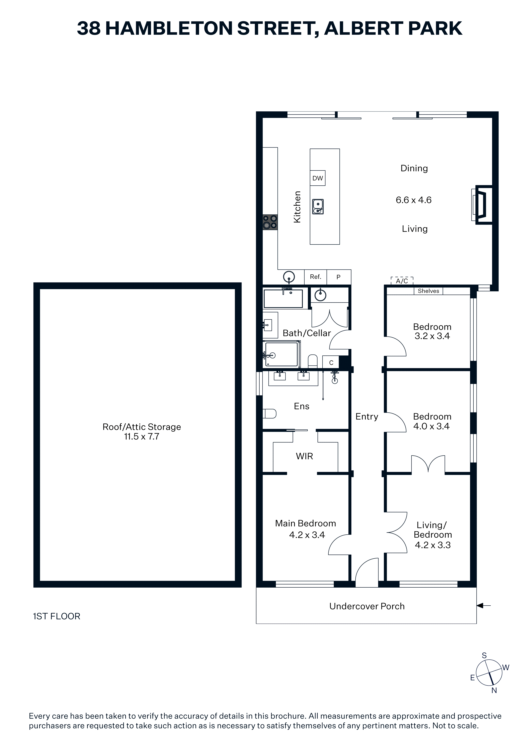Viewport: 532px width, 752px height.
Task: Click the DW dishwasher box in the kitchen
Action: [318, 178]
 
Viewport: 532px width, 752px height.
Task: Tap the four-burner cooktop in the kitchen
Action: [270, 222]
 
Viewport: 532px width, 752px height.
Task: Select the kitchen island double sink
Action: [318, 207]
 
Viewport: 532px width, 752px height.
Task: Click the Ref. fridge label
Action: [315, 277]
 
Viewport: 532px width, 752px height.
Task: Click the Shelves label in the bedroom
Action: [428, 291]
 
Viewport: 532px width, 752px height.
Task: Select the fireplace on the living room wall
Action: [482, 205]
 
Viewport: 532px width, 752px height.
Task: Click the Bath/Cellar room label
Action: [307, 333]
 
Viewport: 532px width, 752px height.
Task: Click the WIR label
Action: [305, 456]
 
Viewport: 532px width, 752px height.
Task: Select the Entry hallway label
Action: [367, 417]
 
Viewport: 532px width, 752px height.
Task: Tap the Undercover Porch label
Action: [367, 606]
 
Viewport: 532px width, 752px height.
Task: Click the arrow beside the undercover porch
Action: [484, 606]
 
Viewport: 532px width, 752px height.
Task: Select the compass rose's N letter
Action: [494, 690]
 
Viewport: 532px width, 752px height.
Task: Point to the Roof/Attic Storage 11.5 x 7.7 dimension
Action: [142, 437]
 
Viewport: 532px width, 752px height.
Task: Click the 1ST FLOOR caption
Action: [57, 616]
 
